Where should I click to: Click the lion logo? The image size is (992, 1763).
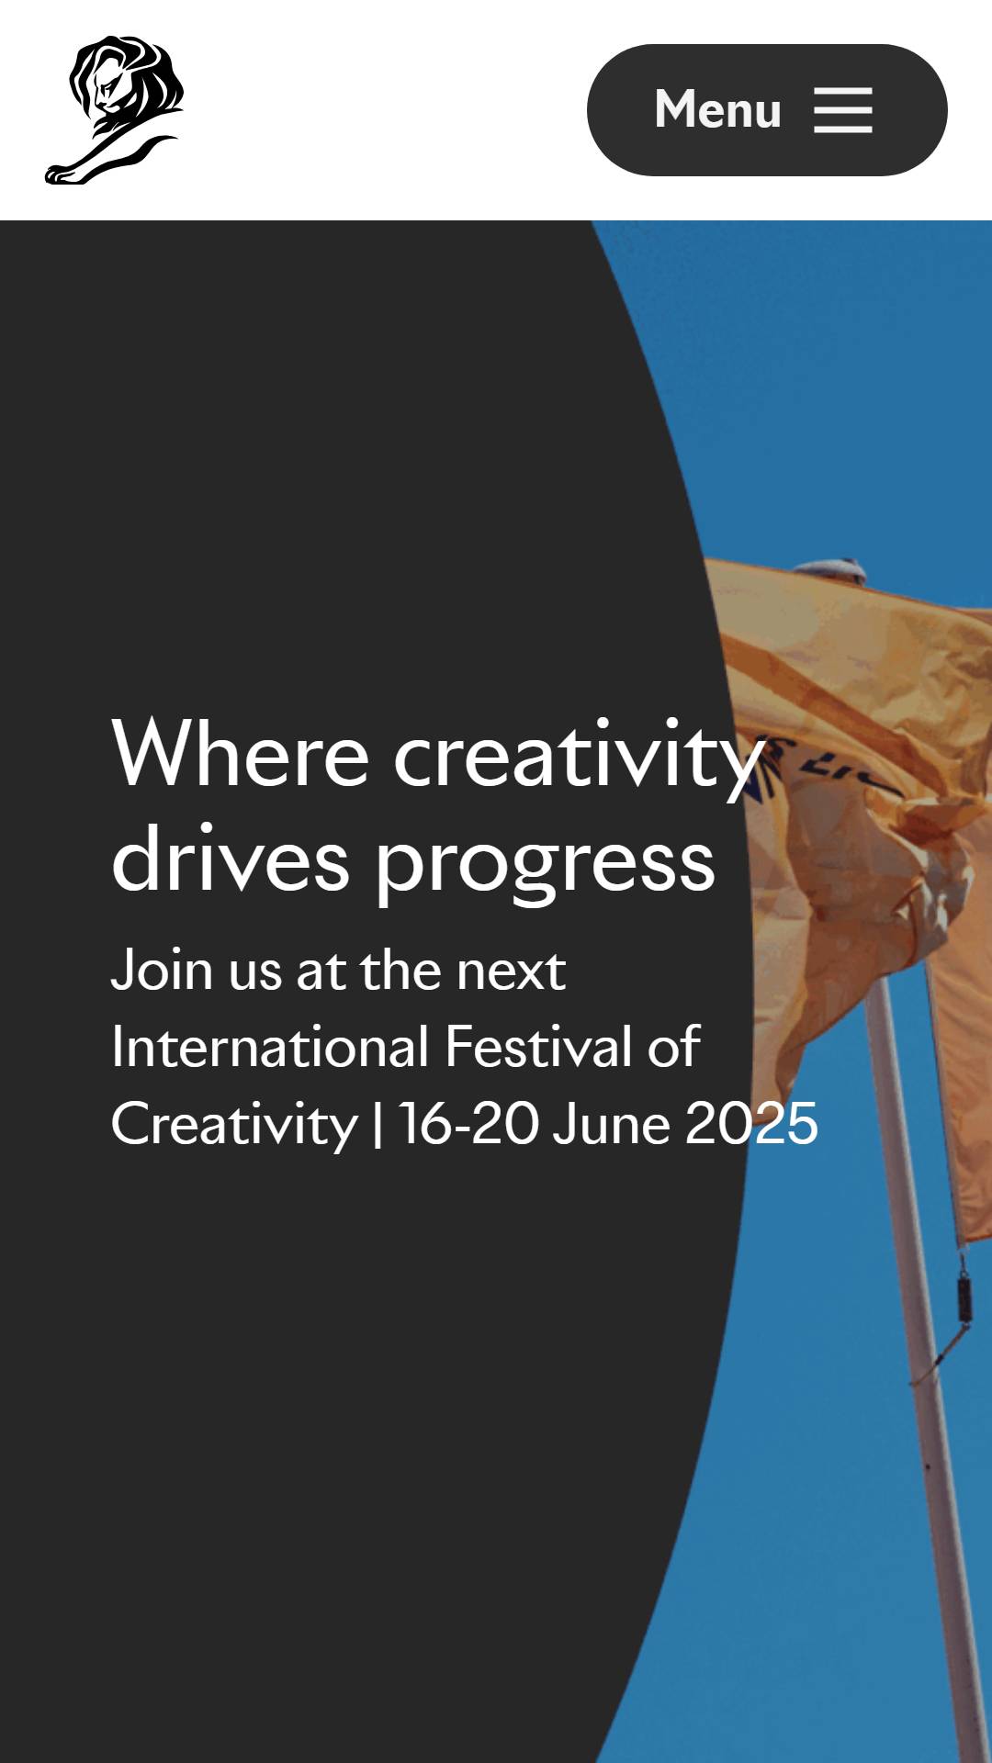(x=115, y=110)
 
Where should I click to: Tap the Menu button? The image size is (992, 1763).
(x=767, y=110)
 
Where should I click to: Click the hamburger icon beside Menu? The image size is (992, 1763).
(x=843, y=110)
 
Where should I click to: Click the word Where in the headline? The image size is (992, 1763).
(x=240, y=754)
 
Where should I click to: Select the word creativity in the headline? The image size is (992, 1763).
(x=579, y=758)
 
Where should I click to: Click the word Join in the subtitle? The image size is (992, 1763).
(x=162, y=970)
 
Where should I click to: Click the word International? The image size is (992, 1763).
(x=270, y=1047)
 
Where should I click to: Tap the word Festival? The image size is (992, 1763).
(x=538, y=1047)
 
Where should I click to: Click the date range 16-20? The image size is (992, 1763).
(x=468, y=1124)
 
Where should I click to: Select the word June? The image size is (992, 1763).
(x=611, y=1124)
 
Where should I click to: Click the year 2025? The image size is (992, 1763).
(x=751, y=1124)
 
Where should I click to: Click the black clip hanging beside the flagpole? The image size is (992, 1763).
(x=963, y=1295)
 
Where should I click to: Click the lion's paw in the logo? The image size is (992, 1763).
(x=62, y=173)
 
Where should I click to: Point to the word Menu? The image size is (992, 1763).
(x=717, y=109)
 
